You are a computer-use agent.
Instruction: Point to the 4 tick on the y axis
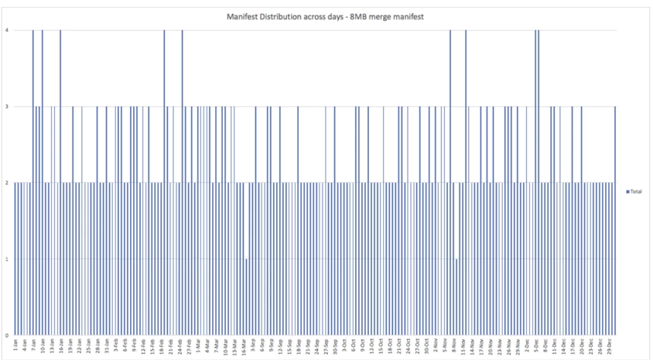[x=8, y=30]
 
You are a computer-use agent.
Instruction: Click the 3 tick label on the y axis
[x=8, y=106]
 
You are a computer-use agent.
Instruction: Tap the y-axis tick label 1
[x=8, y=259]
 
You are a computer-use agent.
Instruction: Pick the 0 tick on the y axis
[x=8, y=334]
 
